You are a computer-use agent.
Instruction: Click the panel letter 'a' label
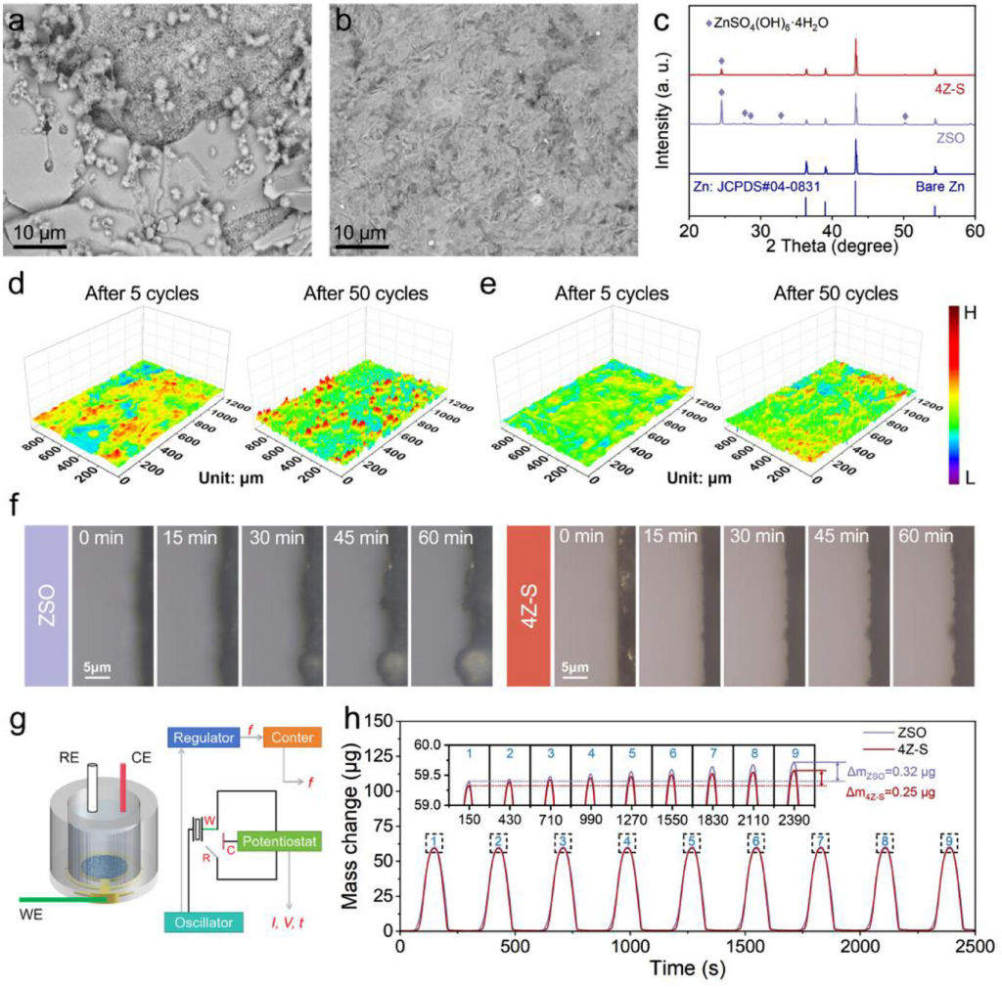point(17,18)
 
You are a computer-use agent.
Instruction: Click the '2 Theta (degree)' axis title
point(833,247)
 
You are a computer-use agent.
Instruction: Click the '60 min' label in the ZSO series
point(448,537)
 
